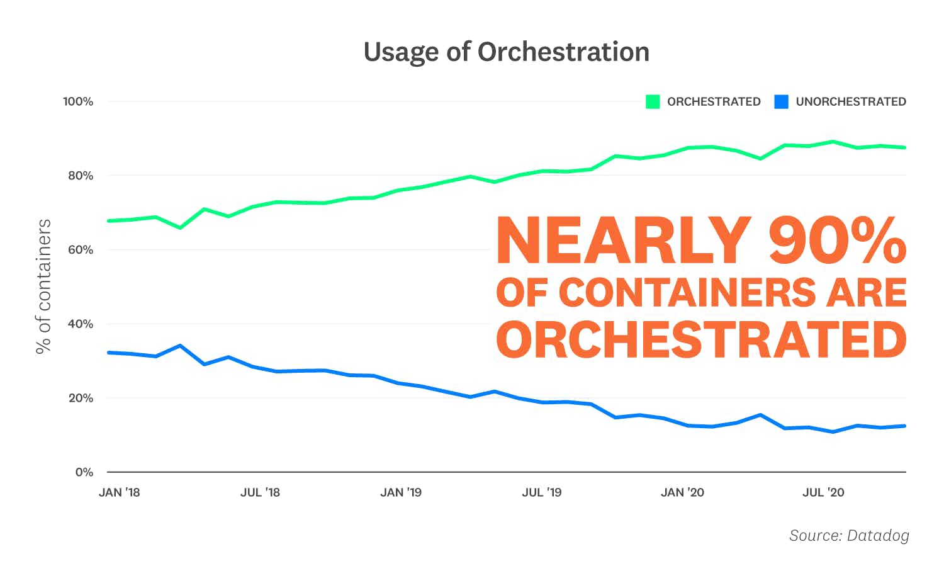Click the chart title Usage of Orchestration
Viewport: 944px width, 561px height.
click(506, 52)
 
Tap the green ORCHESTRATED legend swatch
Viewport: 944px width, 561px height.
click(653, 101)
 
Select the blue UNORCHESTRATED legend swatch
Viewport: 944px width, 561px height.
click(781, 101)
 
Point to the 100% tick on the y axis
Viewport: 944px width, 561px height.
click(78, 101)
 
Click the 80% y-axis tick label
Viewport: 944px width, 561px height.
click(81, 176)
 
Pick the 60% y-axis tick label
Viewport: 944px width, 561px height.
click(81, 250)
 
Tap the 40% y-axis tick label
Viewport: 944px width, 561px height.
click(81, 324)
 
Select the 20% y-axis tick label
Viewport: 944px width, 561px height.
click(81, 398)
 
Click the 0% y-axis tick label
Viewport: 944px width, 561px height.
click(84, 472)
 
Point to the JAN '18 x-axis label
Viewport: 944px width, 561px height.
click(120, 492)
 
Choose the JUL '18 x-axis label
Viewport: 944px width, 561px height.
click(260, 492)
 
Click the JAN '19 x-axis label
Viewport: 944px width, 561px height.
click(401, 492)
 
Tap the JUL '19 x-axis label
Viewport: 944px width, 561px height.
click(541, 492)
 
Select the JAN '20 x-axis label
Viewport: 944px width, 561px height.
click(682, 492)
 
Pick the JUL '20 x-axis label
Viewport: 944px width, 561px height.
click(823, 492)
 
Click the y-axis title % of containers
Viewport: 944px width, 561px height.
click(43, 286)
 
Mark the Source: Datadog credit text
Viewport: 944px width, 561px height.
click(849, 535)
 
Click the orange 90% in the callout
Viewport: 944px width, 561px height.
click(837, 241)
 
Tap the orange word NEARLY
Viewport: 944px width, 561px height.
click(624, 241)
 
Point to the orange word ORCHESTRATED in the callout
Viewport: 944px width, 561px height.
click(701, 340)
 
